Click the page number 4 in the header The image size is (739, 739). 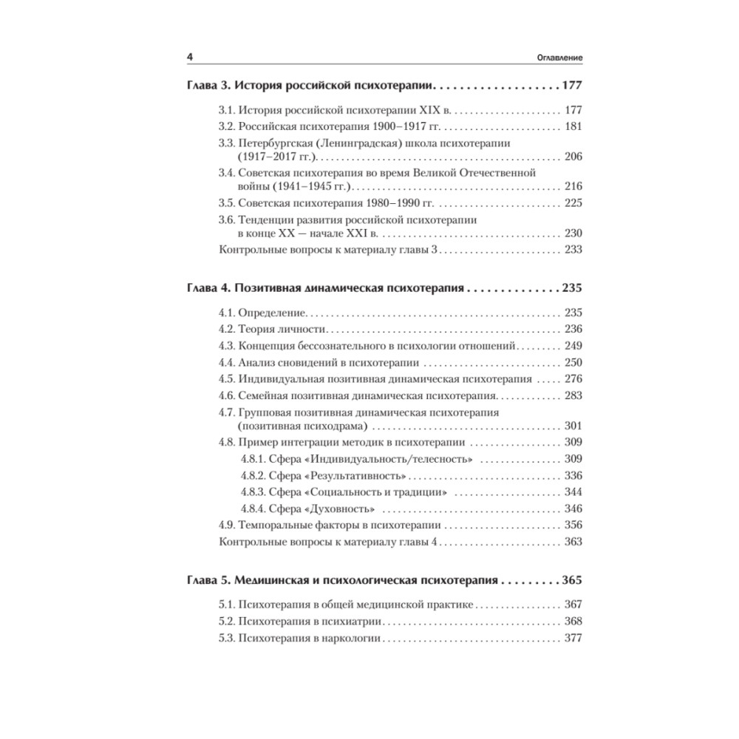click(x=190, y=57)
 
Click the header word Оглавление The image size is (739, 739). click(x=558, y=58)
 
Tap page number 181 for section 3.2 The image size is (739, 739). click(x=573, y=126)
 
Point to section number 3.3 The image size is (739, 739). click(x=228, y=143)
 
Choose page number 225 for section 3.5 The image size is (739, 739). click(x=573, y=203)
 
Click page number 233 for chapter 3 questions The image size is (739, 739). click(x=573, y=250)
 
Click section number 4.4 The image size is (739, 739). click(x=228, y=362)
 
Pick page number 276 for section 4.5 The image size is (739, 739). click(x=573, y=379)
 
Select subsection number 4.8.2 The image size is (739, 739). click(x=256, y=475)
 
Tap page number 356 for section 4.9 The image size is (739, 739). click(x=573, y=525)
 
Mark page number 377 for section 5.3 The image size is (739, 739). click(x=573, y=638)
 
